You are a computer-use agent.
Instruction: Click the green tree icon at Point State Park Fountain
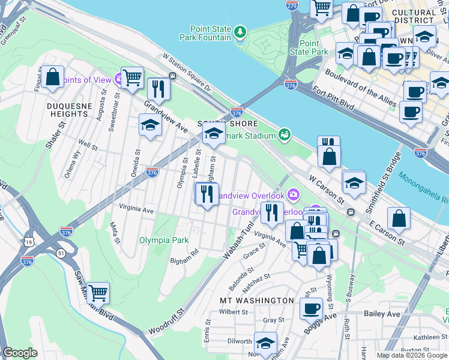240,31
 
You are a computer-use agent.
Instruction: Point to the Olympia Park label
164,240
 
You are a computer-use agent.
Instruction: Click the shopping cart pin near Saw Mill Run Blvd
98,293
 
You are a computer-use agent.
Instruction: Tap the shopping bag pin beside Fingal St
53,77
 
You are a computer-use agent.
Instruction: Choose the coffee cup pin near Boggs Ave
311,308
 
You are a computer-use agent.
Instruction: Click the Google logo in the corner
20,353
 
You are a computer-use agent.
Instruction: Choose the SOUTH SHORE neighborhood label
229,124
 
